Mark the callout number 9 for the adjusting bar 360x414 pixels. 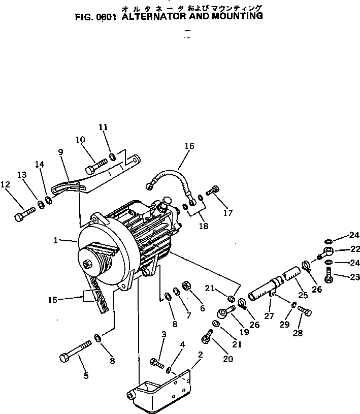(60, 151)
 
